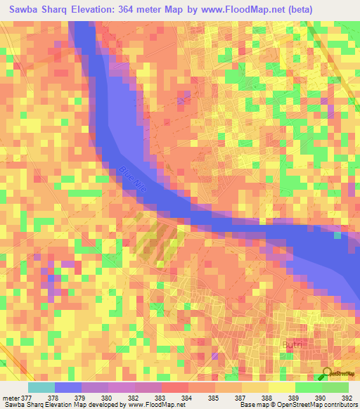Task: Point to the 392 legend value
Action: (345, 398)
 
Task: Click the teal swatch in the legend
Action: (41, 387)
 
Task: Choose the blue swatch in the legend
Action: (68, 387)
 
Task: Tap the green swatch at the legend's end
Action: (335, 387)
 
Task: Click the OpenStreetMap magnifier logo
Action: (329, 372)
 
